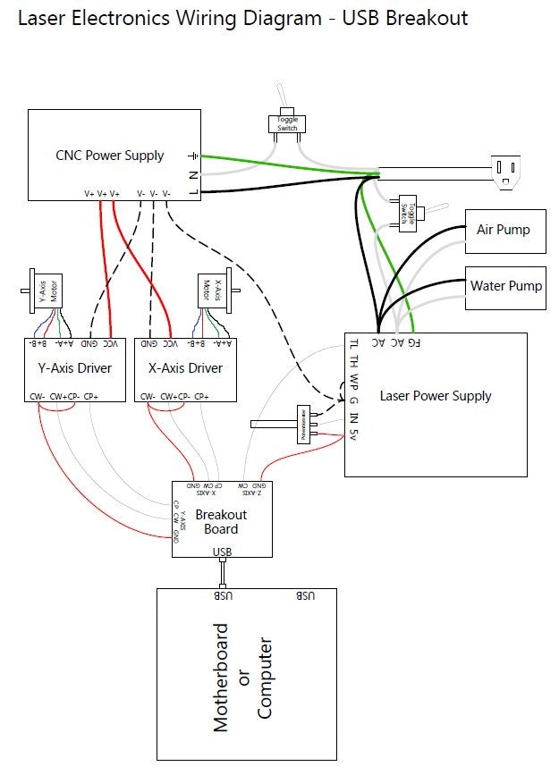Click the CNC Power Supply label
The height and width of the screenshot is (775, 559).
click(110, 156)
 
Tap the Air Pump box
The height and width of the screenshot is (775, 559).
click(504, 231)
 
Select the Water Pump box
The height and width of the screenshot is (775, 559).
click(506, 287)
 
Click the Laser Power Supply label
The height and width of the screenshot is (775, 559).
click(436, 396)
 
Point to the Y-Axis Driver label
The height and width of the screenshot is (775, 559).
click(74, 368)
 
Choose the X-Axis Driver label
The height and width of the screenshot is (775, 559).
click(185, 368)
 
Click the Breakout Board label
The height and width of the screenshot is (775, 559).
click(221, 521)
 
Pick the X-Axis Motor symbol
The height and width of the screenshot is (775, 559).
click(210, 290)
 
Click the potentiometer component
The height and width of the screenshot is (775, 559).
click(302, 425)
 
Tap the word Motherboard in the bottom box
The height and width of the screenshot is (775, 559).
click(222, 678)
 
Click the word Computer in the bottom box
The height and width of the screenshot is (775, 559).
click(265, 678)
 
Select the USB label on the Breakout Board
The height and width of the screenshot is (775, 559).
click(223, 552)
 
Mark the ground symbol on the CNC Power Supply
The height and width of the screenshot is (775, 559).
click(192, 156)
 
